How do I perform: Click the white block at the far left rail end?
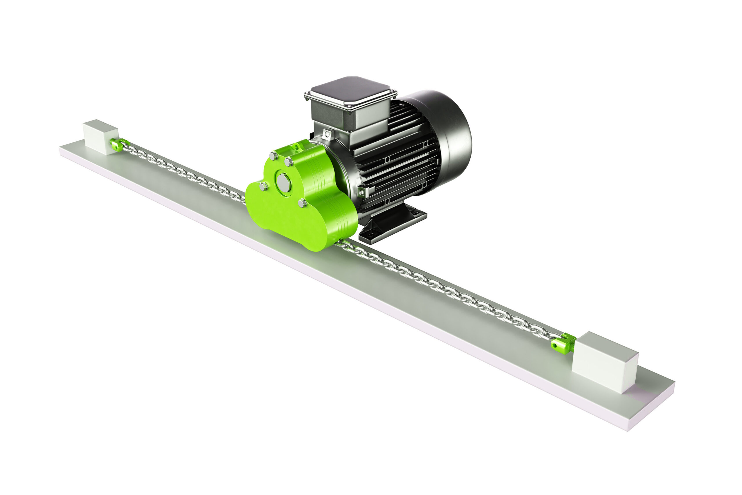click(100, 137)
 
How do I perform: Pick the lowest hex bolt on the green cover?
click(302, 203)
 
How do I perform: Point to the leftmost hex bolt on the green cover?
click(263, 186)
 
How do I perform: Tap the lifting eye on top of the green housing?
click(297, 146)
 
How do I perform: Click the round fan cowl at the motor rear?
click(451, 139)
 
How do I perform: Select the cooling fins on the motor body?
click(401, 158)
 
